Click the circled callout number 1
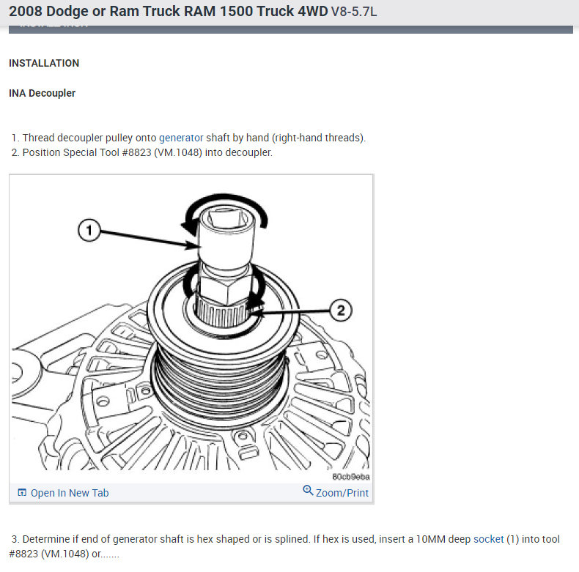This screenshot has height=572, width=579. pyautogui.click(x=89, y=230)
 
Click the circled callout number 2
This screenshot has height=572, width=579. pyautogui.click(x=341, y=310)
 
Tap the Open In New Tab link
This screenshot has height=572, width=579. pyautogui.click(x=70, y=493)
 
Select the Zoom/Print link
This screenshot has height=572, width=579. pyautogui.click(x=342, y=493)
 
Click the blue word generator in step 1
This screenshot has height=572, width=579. pyautogui.click(x=181, y=138)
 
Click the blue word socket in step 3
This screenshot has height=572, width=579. pyautogui.click(x=489, y=539)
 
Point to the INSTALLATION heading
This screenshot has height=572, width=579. pyautogui.click(x=44, y=63)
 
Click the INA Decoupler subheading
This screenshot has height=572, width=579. pyautogui.click(x=42, y=93)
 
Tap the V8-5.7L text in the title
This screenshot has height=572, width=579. pyautogui.click(x=354, y=12)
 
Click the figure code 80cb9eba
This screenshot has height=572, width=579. pyautogui.click(x=351, y=477)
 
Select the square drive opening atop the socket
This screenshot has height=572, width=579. pyautogui.click(x=228, y=217)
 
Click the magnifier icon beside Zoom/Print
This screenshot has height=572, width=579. pyautogui.click(x=308, y=491)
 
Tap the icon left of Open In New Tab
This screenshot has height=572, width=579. pyautogui.click(x=22, y=492)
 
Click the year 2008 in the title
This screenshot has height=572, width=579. pyautogui.click(x=26, y=12)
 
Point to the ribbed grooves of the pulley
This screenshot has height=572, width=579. pyautogui.click(x=221, y=380)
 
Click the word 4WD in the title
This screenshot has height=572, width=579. pyautogui.click(x=313, y=12)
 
